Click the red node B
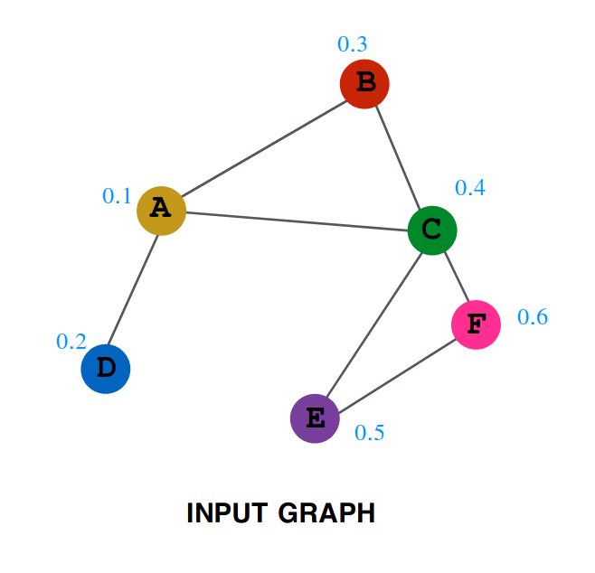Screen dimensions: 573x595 point(364,83)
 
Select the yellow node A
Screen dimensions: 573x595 point(161,210)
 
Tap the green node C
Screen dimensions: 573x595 point(432,230)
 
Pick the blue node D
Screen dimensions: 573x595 point(106,369)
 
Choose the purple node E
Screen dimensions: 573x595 point(315,418)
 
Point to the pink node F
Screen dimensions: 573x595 point(477,324)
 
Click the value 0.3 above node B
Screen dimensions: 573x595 point(353,43)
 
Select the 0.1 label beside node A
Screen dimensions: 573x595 point(117,195)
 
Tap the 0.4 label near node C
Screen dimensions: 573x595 point(470,187)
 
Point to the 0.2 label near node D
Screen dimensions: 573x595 point(71,341)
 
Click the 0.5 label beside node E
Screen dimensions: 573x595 point(369,433)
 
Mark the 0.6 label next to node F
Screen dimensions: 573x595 point(533,316)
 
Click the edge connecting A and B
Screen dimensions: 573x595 point(262,146)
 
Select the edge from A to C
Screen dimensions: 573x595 point(297,220)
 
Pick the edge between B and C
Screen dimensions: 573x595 point(398,156)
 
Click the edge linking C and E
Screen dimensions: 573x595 point(373,324)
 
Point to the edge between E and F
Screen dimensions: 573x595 point(395,371)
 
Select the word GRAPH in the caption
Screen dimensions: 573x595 point(327,513)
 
